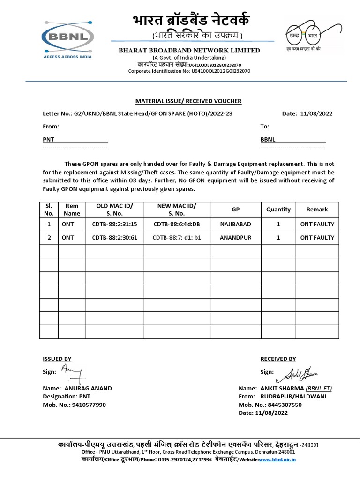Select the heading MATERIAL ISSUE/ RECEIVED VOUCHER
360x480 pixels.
pos(188,101)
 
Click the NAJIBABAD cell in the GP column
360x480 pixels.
pos(236,224)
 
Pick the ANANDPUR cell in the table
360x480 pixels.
pos(236,238)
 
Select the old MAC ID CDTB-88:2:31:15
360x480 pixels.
pos(114,224)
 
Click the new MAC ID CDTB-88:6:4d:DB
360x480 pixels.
pos(177,224)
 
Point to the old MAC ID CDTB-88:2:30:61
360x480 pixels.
pos(114,238)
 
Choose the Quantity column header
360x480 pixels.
pos(278,210)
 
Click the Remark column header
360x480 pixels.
pos(317,210)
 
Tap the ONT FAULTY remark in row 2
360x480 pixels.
pos(317,238)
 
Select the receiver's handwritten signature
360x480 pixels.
pos(298,374)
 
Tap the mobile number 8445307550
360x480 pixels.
pos(284,405)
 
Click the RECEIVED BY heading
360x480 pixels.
pos(278,359)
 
